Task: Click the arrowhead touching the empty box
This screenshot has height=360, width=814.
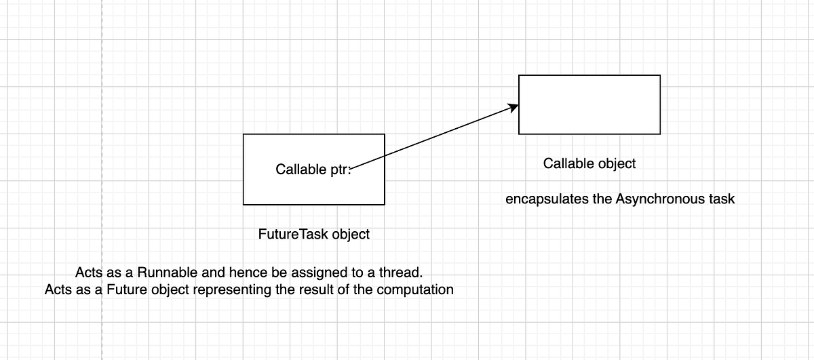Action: point(514,107)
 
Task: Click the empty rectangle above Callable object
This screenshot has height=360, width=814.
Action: point(589,104)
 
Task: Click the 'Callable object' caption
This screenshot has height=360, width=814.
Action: point(589,163)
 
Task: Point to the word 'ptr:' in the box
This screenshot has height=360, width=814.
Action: point(341,169)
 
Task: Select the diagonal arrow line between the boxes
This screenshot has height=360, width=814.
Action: point(434,136)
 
